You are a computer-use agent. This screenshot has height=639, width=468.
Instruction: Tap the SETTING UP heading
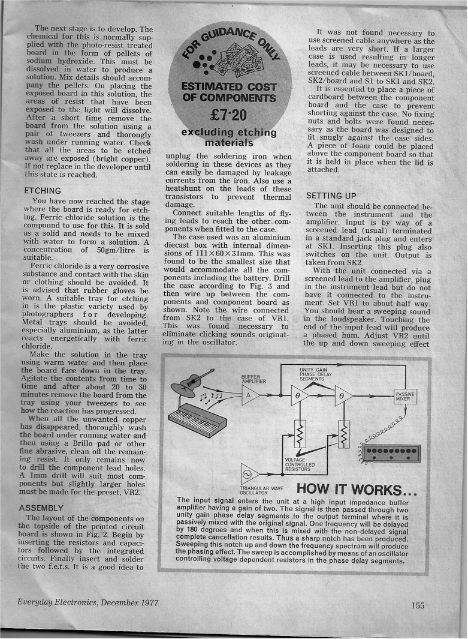point(331,196)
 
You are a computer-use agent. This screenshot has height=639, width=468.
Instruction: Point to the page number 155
point(418,605)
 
